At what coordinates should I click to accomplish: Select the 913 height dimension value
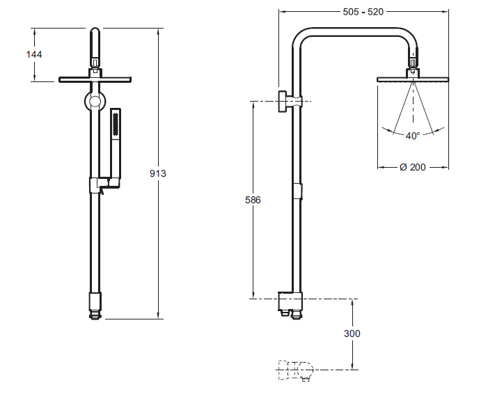pos(158,173)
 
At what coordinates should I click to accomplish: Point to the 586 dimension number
pos(253,200)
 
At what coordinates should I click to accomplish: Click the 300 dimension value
pos(352,333)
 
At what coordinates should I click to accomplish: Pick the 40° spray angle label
pos(413,136)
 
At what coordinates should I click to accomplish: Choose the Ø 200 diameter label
pos(413,167)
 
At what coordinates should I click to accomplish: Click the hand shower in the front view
pos(116,139)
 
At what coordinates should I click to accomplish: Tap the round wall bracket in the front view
pos(95,102)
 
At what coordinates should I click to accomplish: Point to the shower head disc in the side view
pos(413,80)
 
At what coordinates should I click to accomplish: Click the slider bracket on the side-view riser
pos(299,191)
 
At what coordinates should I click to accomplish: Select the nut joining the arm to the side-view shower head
pos(413,65)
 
